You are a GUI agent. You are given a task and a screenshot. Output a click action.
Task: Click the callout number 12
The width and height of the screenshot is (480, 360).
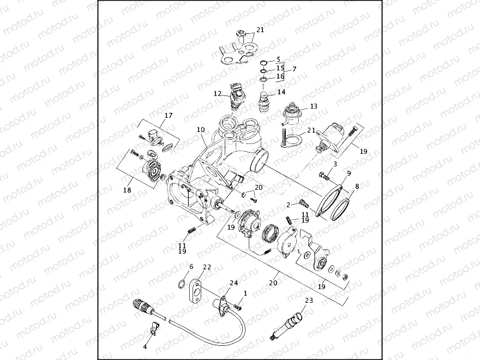tap(218, 94)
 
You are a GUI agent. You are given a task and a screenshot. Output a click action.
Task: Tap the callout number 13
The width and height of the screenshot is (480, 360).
tap(313, 106)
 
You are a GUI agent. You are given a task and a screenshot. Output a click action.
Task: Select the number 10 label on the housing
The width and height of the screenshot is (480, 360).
tap(201, 130)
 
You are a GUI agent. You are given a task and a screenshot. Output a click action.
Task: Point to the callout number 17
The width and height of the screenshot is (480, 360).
tap(169, 116)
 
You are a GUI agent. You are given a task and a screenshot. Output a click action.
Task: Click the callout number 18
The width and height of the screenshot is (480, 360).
tap(128, 190)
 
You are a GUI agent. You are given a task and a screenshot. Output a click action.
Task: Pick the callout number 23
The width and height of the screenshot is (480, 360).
tap(309, 300)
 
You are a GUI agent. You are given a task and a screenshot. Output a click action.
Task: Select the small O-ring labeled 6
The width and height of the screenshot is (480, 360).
tap(181, 283)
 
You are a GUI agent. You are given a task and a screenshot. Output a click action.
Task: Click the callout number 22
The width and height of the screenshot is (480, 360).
tap(207, 267)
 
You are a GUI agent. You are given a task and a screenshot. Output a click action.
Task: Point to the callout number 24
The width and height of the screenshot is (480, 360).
tap(233, 283)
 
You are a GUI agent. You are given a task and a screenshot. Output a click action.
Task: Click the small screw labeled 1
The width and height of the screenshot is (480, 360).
tap(237, 307)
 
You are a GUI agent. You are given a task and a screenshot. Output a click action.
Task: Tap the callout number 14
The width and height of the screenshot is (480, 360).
tap(281, 92)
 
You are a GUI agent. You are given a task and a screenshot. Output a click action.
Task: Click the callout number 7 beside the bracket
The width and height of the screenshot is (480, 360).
tap(294, 69)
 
